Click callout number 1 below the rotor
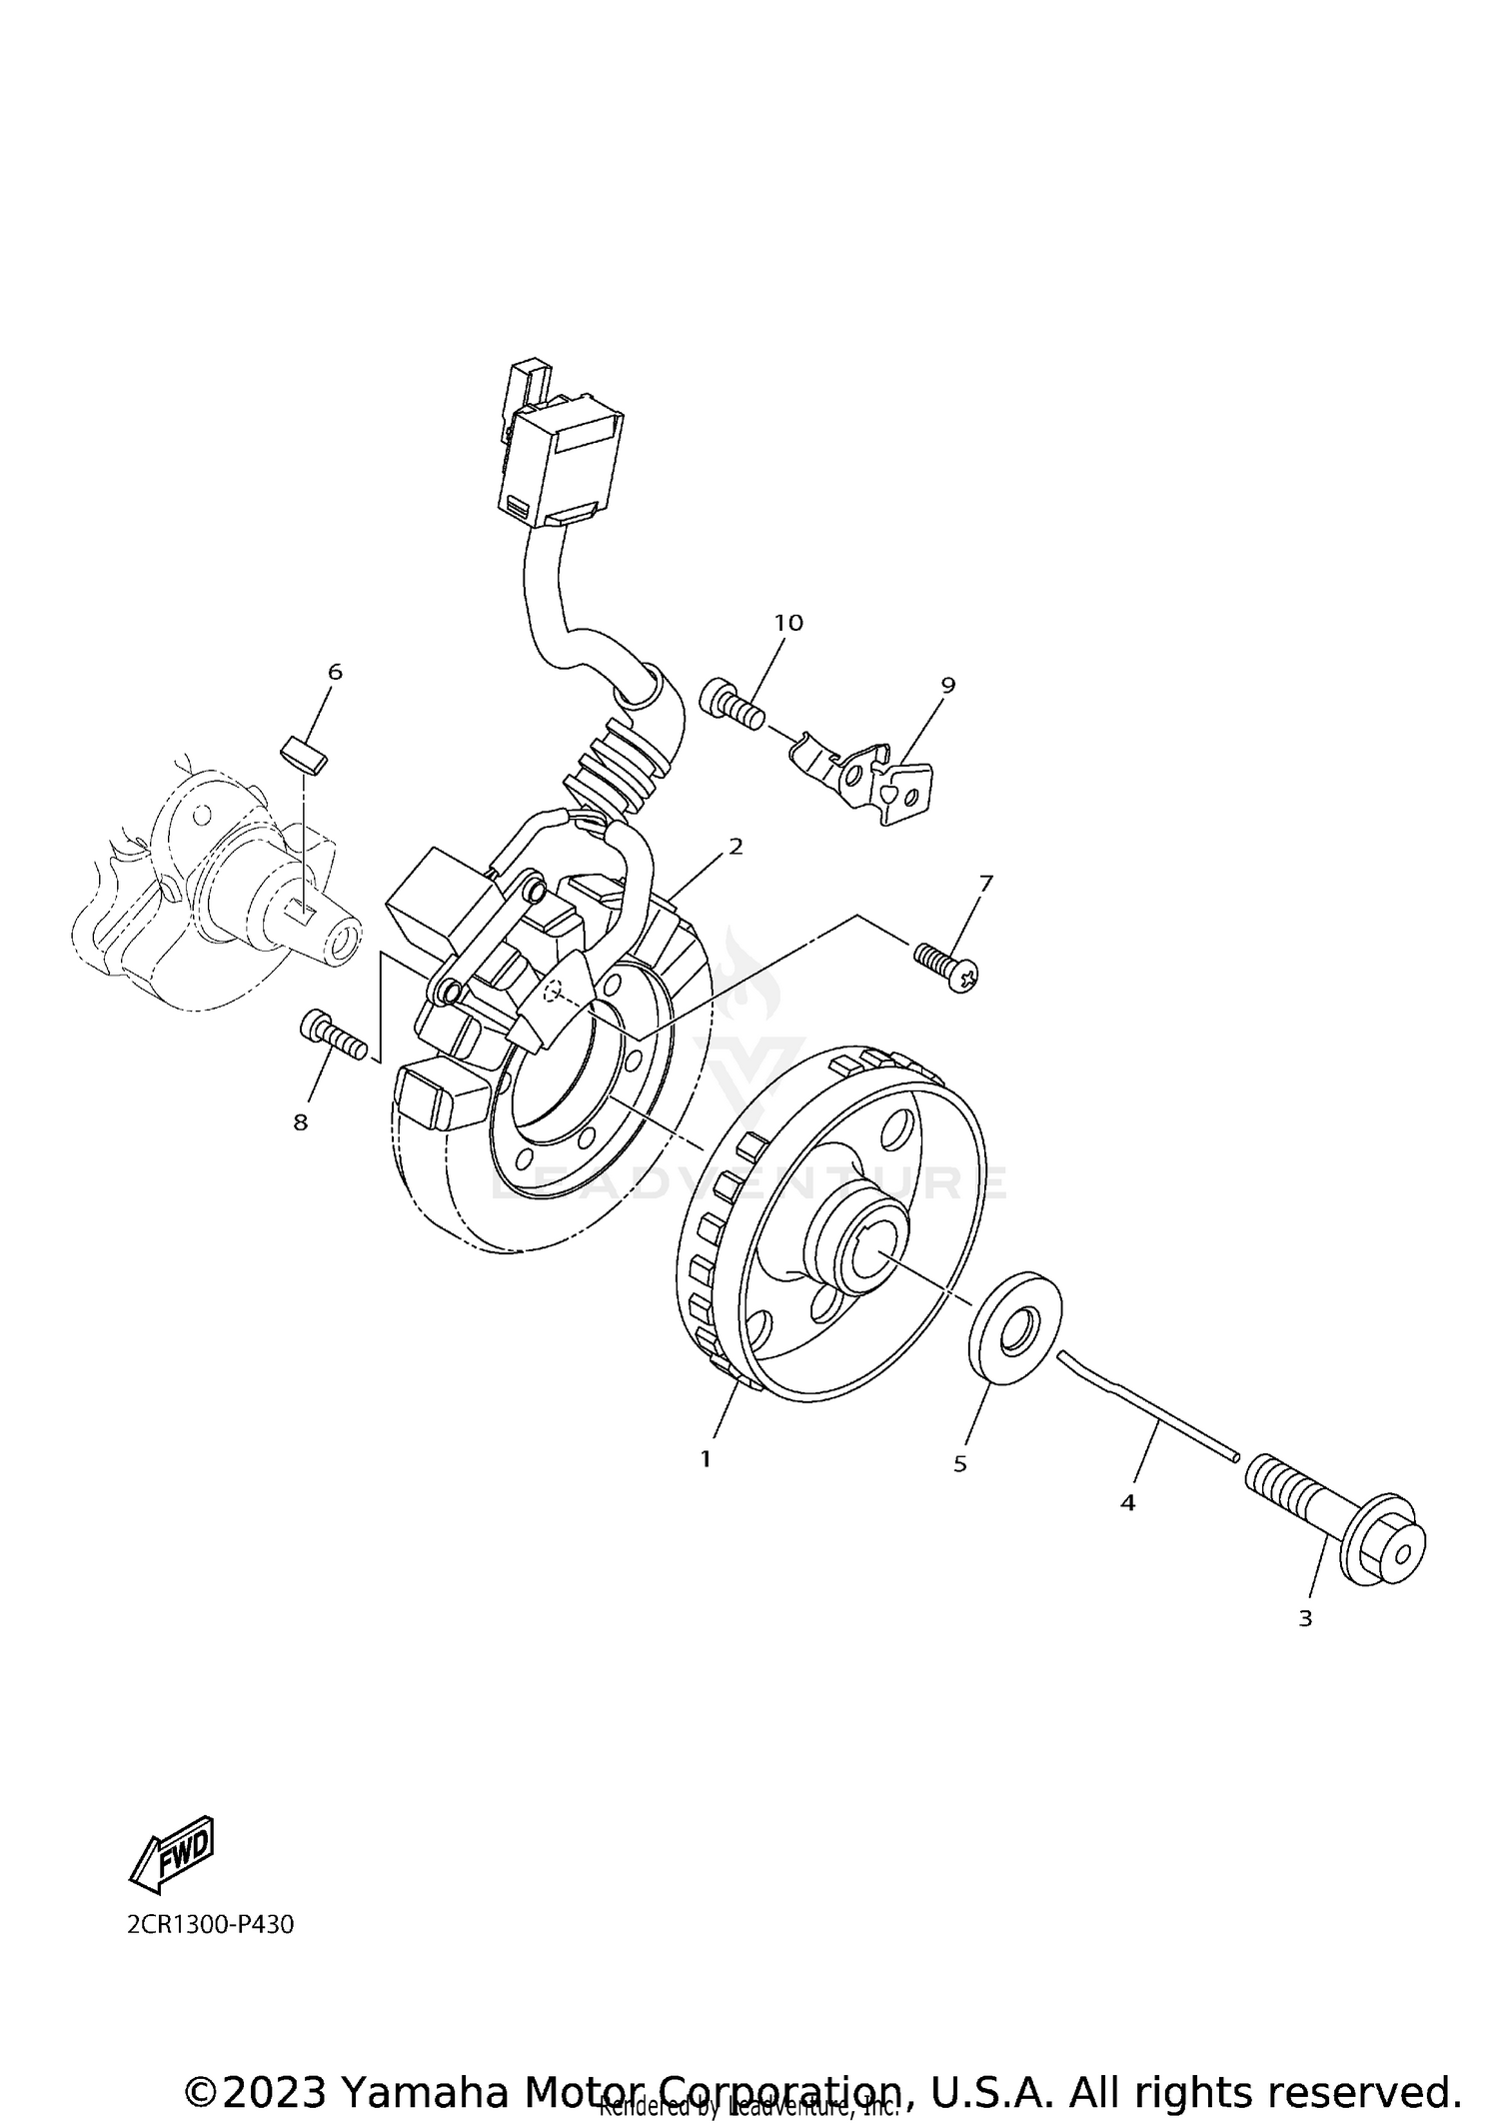pos(706,1459)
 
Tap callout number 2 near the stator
pos(737,847)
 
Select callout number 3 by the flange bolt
pos(1305,1618)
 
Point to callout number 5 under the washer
pos(960,1464)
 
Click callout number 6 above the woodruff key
pos(335,672)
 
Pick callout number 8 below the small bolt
pos(301,1122)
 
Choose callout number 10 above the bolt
pos(788,623)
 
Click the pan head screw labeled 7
pos(945,966)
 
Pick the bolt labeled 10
pos(734,704)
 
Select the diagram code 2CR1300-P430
pos(210,1924)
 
